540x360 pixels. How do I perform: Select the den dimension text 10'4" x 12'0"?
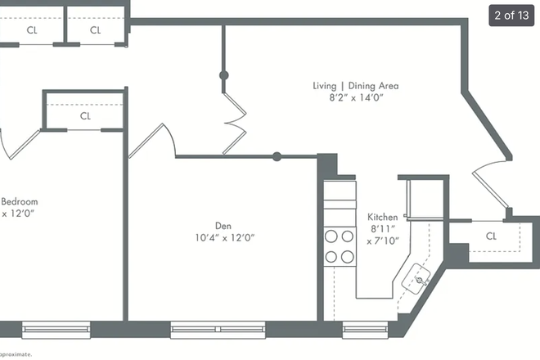coord(225,238)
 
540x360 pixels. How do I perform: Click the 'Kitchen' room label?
coord(382,217)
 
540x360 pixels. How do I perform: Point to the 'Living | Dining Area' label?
coord(355,85)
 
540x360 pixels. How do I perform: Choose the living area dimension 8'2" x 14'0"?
coord(355,98)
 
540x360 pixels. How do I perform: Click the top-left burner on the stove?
coord(331,236)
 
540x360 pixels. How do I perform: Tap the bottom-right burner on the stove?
coord(348,256)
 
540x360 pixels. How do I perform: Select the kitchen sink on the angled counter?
coord(420,279)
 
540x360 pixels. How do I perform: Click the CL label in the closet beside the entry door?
coord(491,236)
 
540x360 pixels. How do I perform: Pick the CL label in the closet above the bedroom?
coord(85,116)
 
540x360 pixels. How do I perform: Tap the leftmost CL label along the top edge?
coord(31,30)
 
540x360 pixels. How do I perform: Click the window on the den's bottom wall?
coord(218,330)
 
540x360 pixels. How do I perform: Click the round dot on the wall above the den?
coord(277,156)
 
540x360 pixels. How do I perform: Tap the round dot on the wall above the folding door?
coord(223,75)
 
